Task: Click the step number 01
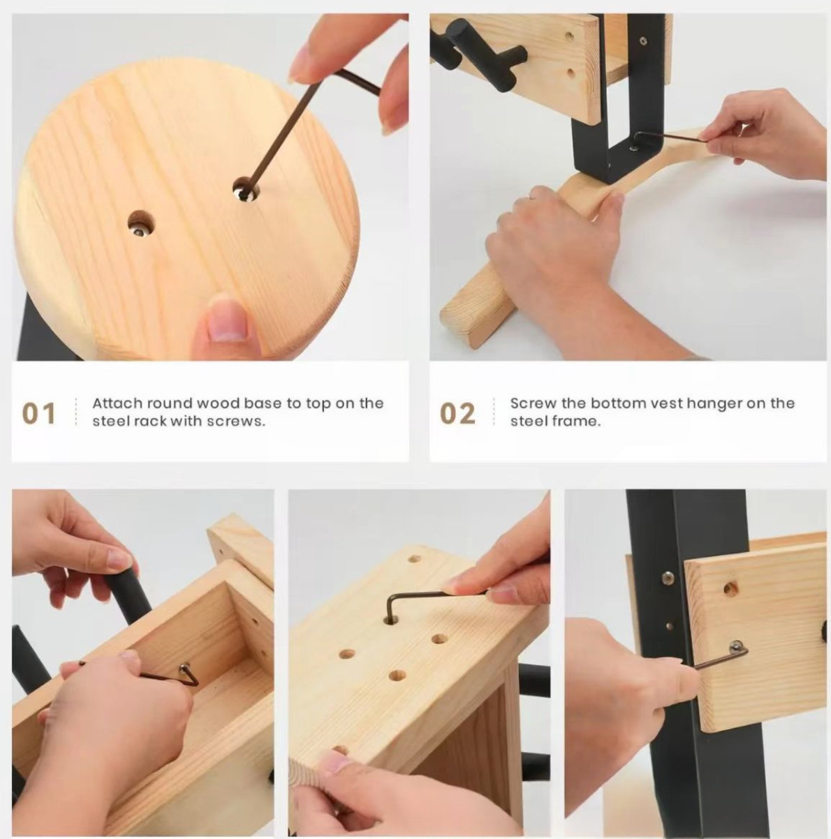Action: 38,413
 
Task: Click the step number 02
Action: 457,413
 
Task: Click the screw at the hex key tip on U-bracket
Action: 634,149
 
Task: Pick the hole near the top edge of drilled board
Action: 414,558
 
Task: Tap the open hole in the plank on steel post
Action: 730,589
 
